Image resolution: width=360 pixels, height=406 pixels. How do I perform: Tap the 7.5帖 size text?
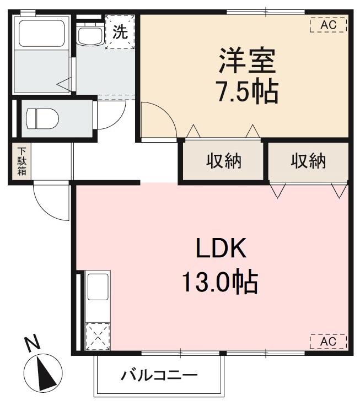246,91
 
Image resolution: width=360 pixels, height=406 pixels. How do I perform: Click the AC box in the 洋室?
328,25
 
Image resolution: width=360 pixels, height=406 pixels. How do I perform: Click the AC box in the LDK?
328,342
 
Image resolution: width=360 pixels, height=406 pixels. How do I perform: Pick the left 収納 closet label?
224,161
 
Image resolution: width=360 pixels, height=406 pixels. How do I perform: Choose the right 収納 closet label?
309,161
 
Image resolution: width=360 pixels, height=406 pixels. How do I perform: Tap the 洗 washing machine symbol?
120,32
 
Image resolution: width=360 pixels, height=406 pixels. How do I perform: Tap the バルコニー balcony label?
159,377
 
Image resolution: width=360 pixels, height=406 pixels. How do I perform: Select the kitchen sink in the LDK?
98,287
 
